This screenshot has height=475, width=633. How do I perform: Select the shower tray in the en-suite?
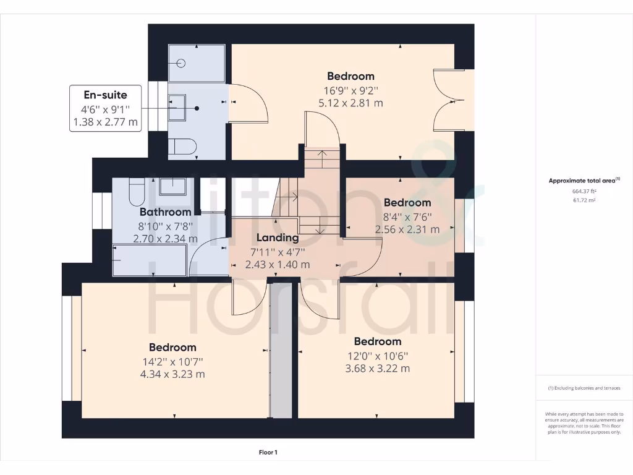click(197, 62)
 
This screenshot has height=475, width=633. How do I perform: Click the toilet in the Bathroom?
click(137, 192)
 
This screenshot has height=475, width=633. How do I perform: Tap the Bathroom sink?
click(174, 186)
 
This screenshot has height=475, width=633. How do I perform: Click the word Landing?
click(278, 237)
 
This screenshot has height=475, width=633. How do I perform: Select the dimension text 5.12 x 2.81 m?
click(350, 103)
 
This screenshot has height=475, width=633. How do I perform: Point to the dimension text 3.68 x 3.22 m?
click(377, 369)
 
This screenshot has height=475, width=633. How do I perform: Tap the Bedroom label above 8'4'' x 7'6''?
click(407, 203)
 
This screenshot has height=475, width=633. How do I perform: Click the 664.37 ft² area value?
click(584, 191)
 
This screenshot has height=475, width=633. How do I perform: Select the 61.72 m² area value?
click(584, 200)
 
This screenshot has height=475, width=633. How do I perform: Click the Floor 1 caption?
click(268, 452)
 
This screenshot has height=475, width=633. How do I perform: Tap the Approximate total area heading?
click(584, 181)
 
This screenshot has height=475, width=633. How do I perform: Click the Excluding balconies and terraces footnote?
click(584, 388)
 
